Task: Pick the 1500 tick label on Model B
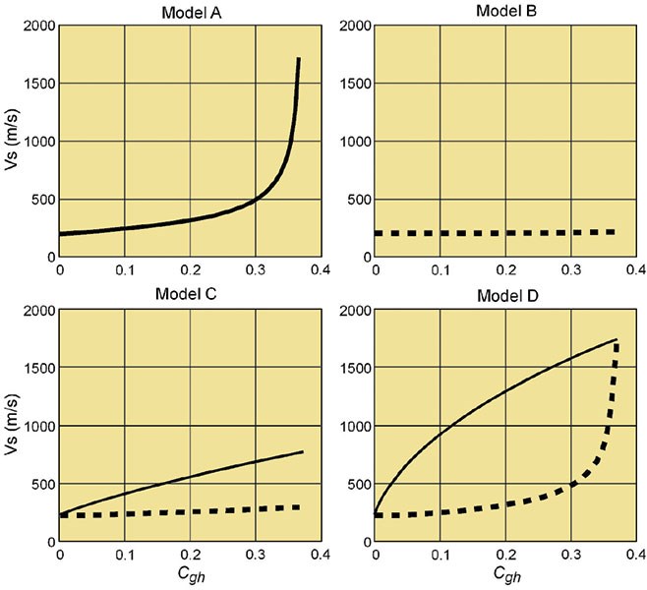(x=351, y=83)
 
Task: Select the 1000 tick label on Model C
(x=37, y=426)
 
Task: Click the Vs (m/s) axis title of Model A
(x=11, y=141)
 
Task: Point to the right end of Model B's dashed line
(x=615, y=232)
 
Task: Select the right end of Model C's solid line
(x=302, y=451)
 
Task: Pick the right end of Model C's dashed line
(x=299, y=507)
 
